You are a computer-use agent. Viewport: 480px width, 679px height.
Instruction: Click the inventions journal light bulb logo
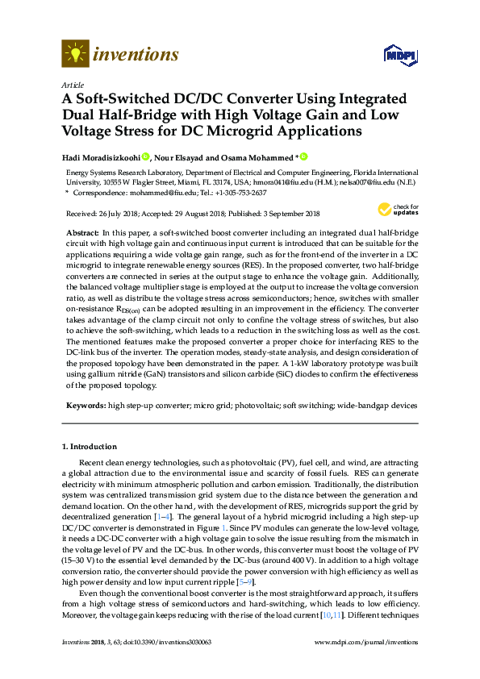click(75, 55)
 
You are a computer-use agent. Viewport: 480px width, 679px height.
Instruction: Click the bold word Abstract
click(81, 231)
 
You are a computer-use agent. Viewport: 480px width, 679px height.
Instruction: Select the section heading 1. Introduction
click(90, 447)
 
